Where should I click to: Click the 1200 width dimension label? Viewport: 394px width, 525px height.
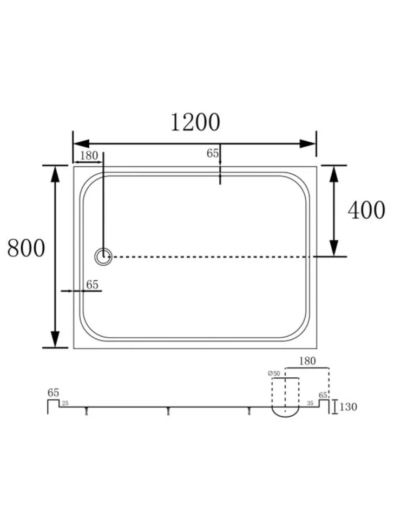click(195, 122)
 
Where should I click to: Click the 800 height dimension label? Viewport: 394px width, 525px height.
click(26, 248)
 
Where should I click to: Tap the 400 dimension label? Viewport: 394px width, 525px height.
click(366, 210)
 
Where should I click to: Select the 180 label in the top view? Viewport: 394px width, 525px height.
click(89, 155)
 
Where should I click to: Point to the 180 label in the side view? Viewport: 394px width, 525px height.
click(307, 361)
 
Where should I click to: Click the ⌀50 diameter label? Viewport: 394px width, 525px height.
click(274, 373)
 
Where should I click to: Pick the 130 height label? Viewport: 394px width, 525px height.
click(348, 407)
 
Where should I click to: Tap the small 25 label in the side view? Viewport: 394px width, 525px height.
click(65, 403)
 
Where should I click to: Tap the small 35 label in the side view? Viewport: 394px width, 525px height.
click(310, 403)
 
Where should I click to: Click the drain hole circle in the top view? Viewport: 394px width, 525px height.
click(103, 257)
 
